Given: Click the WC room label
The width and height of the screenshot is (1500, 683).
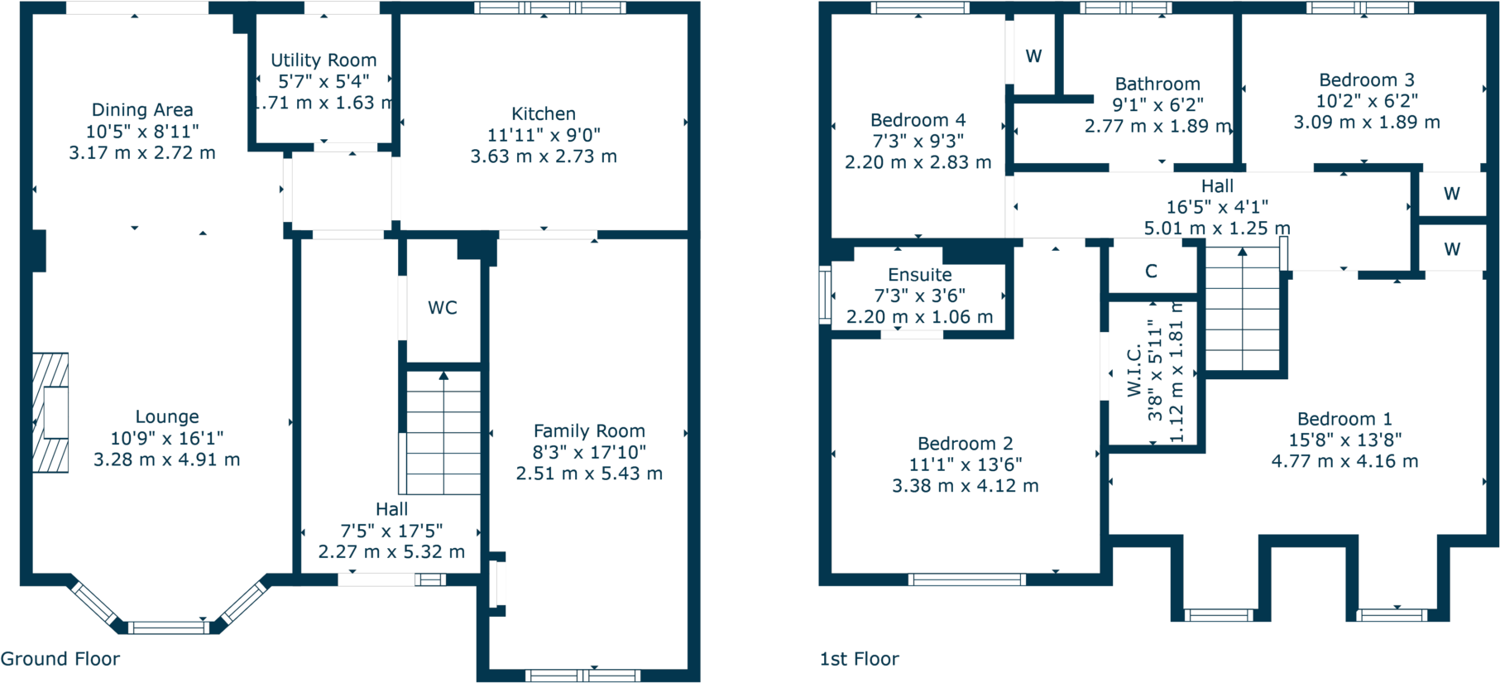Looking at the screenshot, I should click(442, 308).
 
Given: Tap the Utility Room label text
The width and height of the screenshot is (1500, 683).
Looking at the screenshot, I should click(323, 60).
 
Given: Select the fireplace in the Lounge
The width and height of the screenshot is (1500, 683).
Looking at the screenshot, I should click(51, 412).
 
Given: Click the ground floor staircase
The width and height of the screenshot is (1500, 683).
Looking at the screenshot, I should click(443, 432).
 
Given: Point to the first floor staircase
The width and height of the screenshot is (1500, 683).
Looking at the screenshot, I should click(1242, 310).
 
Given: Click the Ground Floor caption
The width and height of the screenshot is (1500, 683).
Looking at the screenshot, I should click(60, 659).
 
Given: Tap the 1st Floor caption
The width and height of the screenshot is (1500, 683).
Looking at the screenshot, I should click(859, 659).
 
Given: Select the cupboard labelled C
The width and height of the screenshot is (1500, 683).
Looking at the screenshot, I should click(1151, 271).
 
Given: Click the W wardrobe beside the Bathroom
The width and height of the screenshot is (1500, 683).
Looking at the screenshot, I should click(1033, 56).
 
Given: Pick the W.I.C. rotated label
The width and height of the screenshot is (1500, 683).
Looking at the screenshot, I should click(1134, 371).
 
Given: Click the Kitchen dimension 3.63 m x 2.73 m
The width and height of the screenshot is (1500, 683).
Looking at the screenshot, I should click(544, 156).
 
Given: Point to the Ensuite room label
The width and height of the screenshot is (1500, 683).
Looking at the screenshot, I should click(919, 275).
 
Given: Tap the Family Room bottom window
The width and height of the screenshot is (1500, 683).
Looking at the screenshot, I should click(583, 676).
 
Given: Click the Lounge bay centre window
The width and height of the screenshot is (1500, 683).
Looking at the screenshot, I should click(169, 628).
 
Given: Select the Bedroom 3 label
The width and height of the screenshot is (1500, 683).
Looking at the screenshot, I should click(1366, 80).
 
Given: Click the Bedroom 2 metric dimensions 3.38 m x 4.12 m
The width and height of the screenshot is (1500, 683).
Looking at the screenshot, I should click(965, 486).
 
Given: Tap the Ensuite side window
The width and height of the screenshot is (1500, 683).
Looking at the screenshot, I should click(825, 293).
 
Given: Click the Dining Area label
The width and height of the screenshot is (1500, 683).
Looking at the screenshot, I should click(142, 110).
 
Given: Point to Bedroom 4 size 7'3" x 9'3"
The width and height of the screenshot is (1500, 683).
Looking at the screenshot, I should click(918, 142).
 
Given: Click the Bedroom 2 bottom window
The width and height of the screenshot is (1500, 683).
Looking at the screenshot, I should click(966, 580).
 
